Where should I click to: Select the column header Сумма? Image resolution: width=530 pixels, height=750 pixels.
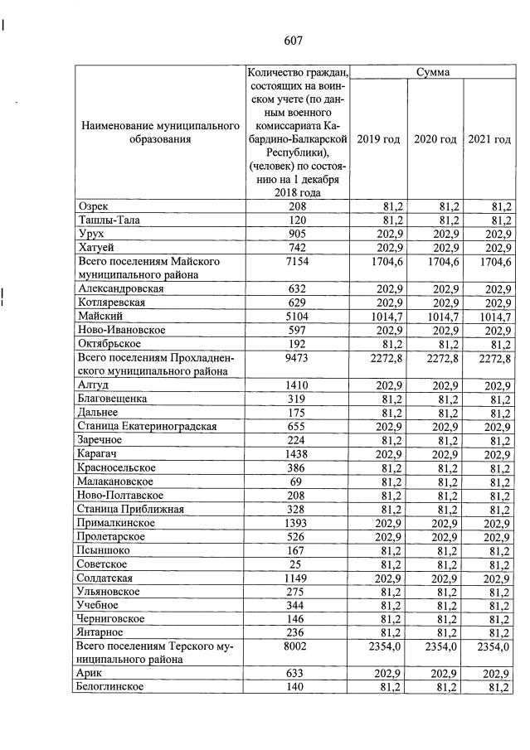tap(432, 72)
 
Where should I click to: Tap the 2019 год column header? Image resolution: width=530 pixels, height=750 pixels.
tap(378, 139)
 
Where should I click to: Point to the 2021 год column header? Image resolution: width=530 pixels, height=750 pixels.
tap(489, 139)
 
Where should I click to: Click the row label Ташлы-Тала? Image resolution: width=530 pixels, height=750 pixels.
tap(105, 220)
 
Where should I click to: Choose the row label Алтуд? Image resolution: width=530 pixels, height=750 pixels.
tap(93, 385)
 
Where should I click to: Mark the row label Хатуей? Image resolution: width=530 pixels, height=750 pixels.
tap(95, 247)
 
